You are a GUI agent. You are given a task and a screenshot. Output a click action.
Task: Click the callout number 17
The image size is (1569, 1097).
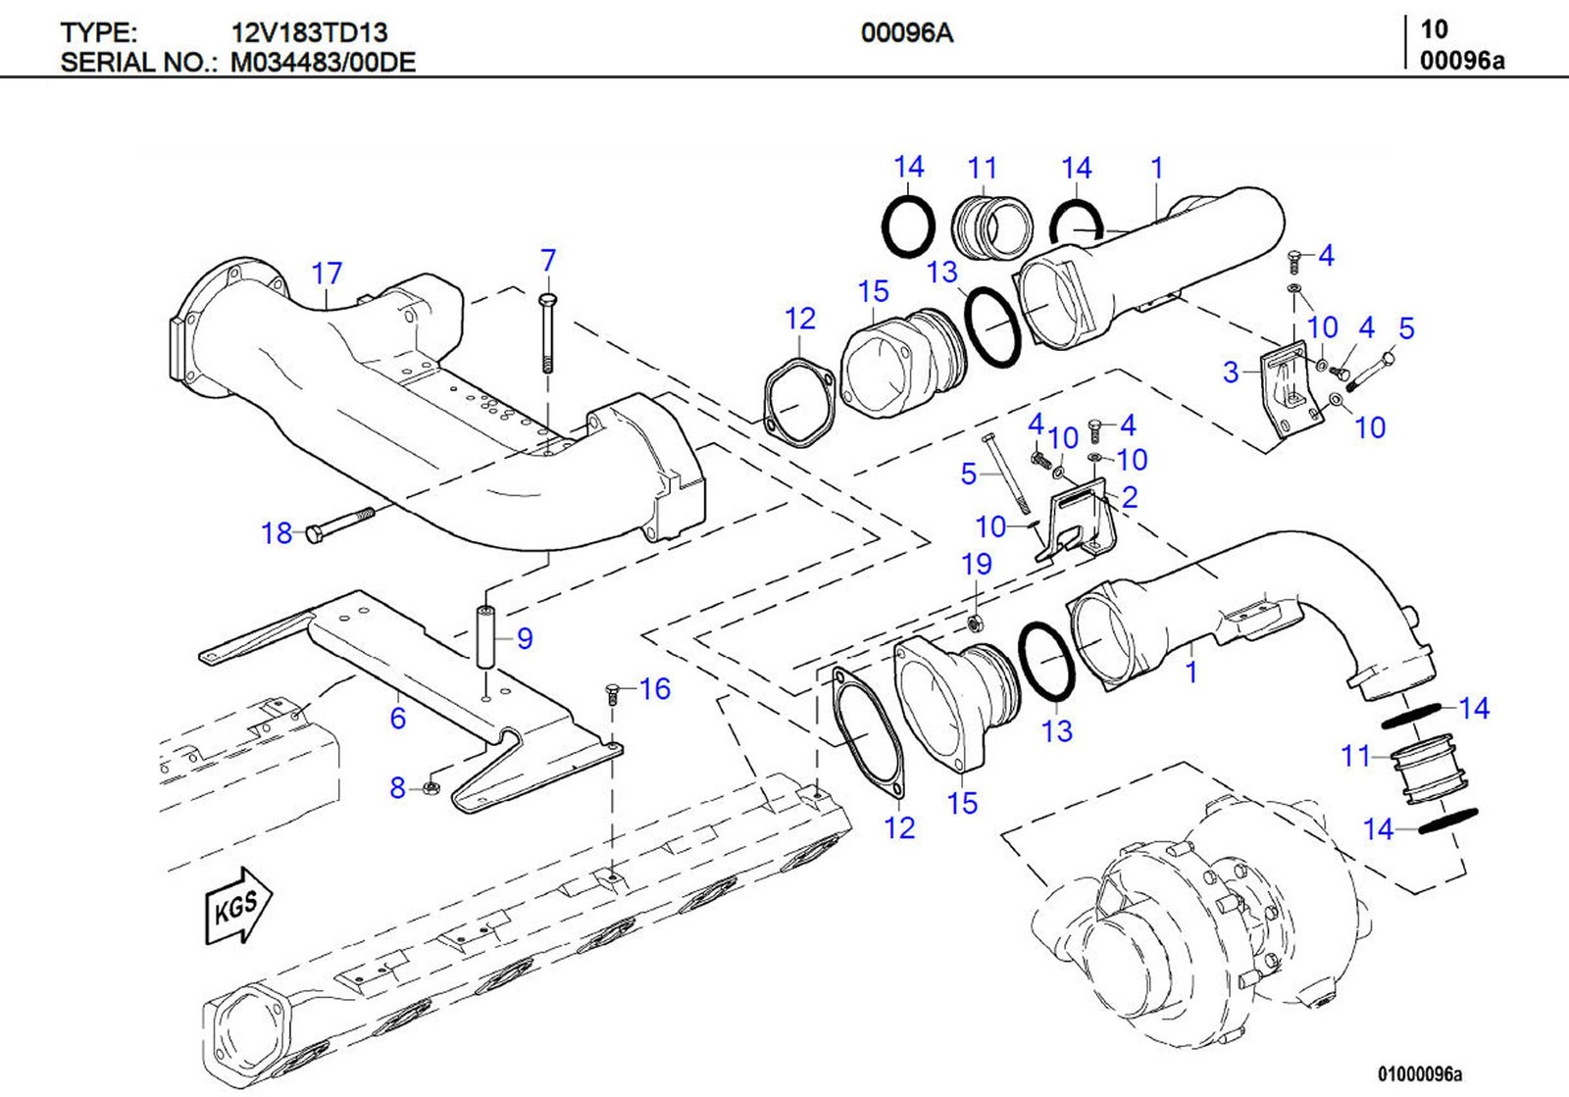[x=327, y=274]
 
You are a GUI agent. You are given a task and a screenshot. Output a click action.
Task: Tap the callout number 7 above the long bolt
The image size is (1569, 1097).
[x=548, y=261]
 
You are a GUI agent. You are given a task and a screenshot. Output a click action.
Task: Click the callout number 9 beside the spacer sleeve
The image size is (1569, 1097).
[x=525, y=638]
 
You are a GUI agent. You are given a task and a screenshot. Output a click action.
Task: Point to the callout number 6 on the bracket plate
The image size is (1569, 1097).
[x=397, y=719]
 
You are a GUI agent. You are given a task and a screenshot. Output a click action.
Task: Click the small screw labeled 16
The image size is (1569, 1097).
[x=612, y=694]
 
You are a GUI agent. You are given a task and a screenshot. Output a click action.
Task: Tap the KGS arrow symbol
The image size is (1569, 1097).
[x=238, y=905]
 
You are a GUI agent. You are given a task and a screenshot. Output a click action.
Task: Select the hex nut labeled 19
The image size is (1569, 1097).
[x=975, y=623]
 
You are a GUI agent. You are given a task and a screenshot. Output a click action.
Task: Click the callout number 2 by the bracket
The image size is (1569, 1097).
[x=1130, y=497]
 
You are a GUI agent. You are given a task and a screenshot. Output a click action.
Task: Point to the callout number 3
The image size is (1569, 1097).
[x=1231, y=373]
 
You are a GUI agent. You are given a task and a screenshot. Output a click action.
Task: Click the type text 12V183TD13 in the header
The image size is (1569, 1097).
[x=309, y=32]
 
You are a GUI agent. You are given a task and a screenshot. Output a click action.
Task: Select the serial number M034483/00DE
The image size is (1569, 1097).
[x=323, y=63]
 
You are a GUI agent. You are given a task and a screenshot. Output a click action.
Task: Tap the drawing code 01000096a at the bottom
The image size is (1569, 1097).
[x=1419, y=1074]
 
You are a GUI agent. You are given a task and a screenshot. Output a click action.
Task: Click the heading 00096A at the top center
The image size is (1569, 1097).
[x=906, y=33]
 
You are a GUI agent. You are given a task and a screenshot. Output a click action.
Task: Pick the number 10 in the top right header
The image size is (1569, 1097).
[x=1434, y=29]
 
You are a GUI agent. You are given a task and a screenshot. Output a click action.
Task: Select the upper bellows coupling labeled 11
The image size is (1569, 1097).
[x=991, y=227]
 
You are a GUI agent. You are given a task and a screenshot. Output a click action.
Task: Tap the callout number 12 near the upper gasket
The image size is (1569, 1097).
[x=800, y=319]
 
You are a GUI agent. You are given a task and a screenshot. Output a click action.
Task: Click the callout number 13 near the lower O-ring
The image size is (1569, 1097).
[x=1056, y=731]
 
